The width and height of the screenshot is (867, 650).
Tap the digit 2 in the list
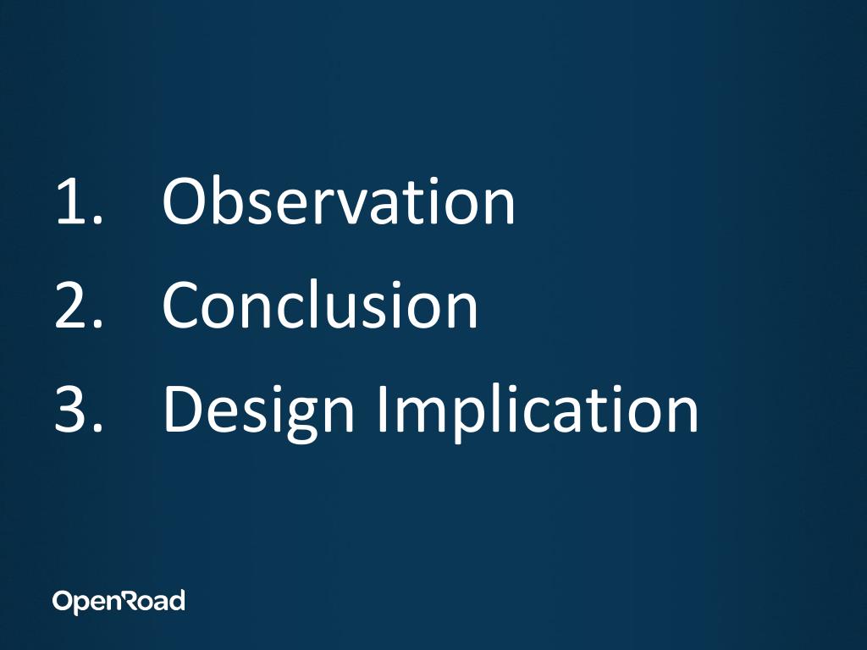coord(71,305)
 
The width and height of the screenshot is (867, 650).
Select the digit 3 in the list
coord(71,409)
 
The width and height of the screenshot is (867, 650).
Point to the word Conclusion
coord(319,304)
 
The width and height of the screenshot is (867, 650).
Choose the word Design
coord(259,413)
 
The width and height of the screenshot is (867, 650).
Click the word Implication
coord(538,412)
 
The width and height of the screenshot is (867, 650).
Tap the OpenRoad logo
coord(119,602)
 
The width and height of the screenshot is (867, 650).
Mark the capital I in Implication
coord(382,409)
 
